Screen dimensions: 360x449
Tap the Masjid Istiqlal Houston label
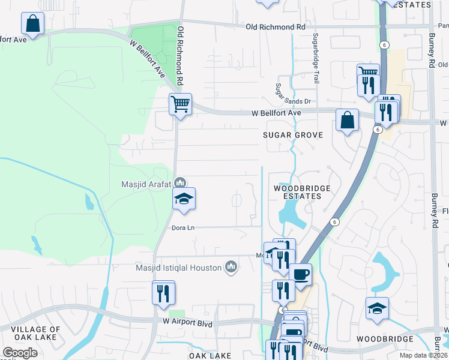(x=179, y=266)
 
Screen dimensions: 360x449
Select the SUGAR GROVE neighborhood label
(x=293, y=135)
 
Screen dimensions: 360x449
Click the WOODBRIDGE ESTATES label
(x=302, y=192)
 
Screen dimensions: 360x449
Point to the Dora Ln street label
(x=183, y=227)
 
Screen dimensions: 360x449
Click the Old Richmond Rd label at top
(x=276, y=27)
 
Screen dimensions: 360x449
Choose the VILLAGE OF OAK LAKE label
(x=35, y=333)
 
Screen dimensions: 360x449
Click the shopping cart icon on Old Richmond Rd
(x=180, y=104)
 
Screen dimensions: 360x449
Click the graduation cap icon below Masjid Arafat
(x=184, y=199)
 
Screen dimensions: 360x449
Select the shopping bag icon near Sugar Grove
(x=347, y=120)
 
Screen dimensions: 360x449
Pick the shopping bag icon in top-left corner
(x=32, y=24)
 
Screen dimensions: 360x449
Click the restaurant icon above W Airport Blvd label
(x=163, y=292)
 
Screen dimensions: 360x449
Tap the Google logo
(x=20, y=353)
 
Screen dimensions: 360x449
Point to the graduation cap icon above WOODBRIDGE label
(x=377, y=308)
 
